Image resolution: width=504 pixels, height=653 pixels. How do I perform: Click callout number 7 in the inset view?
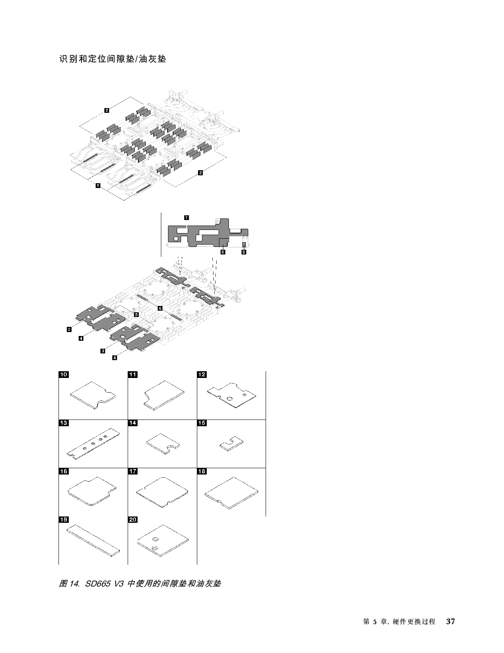pyautogui.click(x=187, y=217)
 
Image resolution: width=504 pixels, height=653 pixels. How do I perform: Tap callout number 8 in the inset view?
pyautogui.click(x=223, y=252)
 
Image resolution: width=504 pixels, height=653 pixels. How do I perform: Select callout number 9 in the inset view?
pyautogui.click(x=244, y=252)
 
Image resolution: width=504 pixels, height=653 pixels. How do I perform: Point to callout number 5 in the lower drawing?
pyautogui.click(x=136, y=314)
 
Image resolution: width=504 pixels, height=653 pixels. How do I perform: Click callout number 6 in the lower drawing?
pyautogui.click(x=160, y=308)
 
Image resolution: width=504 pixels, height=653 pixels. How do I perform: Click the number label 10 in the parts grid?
pyautogui.click(x=64, y=374)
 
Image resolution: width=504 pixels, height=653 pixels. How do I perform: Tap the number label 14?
pyautogui.click(x=133, y=423)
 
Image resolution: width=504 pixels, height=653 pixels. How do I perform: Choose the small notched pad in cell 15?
pyautogui.click(x=231, y=443)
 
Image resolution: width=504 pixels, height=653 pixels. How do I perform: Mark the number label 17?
pyautogui.click(x=133, y=471)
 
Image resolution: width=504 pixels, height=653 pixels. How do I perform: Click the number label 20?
pyautogui.click(x=133, y=519)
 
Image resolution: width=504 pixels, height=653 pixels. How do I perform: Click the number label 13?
pyautogui.click(x=64, y=423)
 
